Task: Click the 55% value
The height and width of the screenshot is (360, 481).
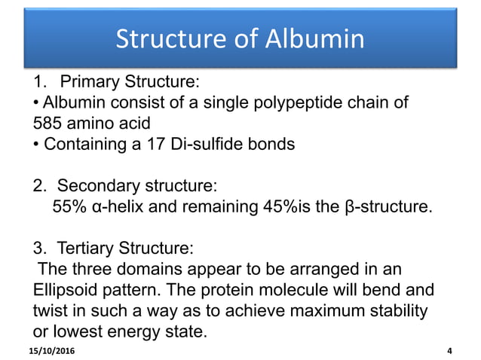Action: [x=70, y=206]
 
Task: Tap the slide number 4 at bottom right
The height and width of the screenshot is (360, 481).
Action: [x=450, y=352]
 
